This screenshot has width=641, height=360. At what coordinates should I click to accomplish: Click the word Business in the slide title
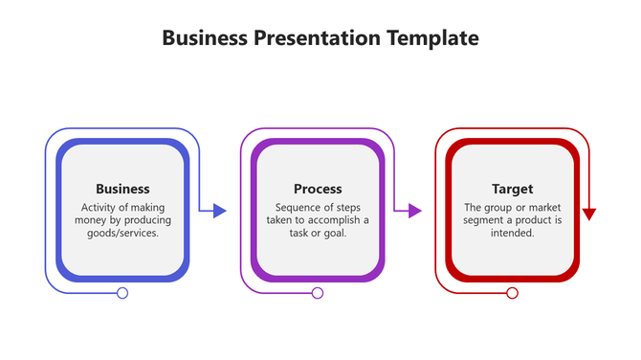(x=205, y=38)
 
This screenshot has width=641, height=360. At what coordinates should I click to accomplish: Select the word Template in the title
(x=432, y=38)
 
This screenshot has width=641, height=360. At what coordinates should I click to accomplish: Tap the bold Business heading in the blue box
(x=122, y=189)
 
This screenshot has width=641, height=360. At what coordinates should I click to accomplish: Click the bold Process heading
(x=318, y=189)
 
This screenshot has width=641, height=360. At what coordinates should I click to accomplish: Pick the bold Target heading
(x=512, y=189)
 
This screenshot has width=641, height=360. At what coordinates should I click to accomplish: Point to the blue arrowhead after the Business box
(x=220, y=211)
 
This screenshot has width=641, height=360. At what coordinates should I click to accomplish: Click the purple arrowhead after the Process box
(x=415, y=211)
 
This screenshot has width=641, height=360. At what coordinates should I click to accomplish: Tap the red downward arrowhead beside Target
(x=588, y=214)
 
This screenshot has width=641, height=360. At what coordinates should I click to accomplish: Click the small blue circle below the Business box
(x=122, y=293)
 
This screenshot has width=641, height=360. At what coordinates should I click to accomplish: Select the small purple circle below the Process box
(x=318, y=293)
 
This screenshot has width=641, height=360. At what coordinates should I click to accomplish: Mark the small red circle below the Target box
(x=512, y=293)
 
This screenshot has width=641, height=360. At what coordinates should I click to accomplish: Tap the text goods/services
(x=122, y=233)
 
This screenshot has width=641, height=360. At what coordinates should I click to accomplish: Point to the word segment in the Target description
(x=485, y=220)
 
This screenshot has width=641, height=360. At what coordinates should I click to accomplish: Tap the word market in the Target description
(x=543, y=208)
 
